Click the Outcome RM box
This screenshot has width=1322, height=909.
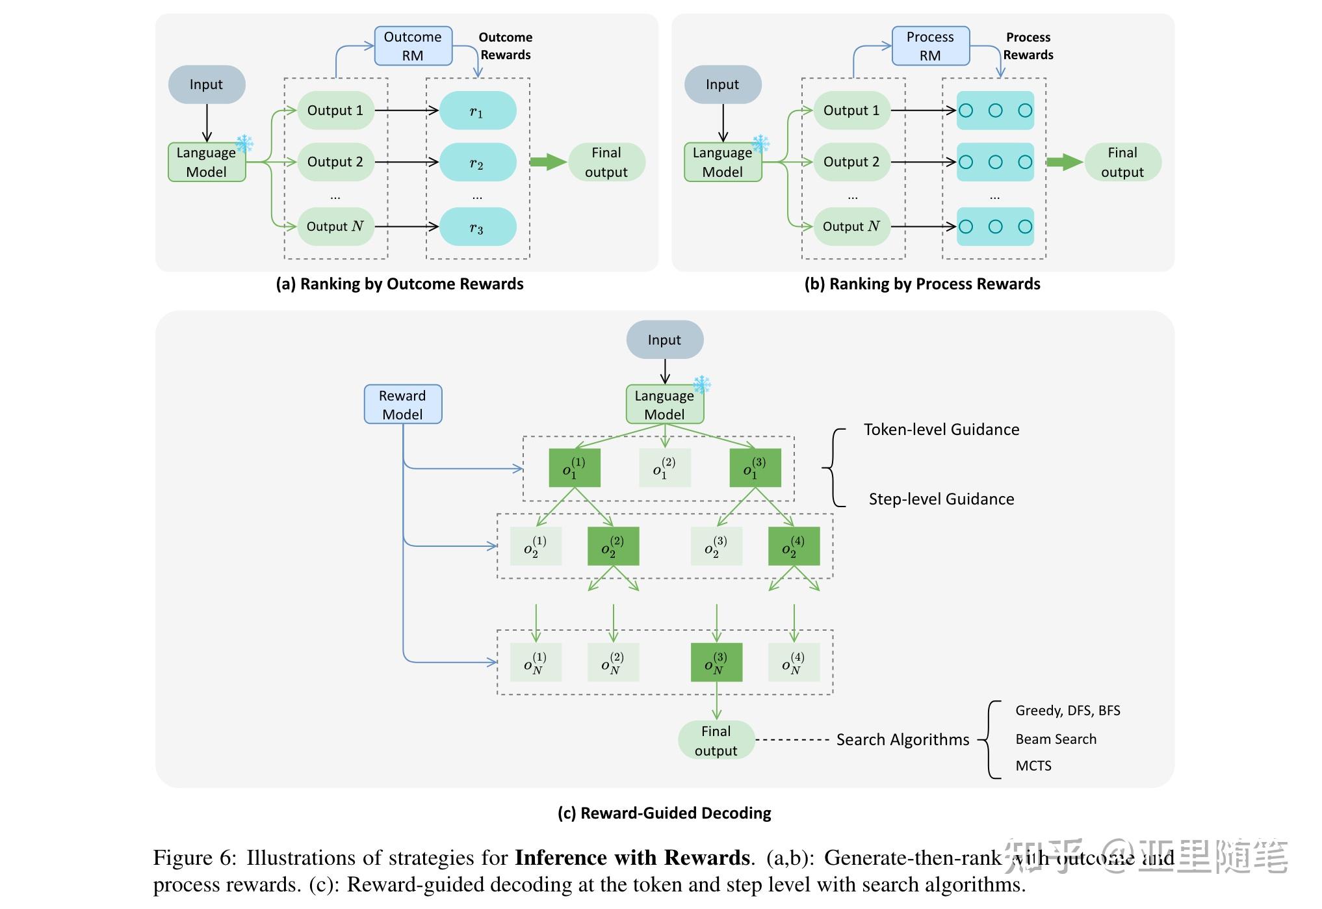click(x=413, y=46)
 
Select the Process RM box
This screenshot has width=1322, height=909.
click(x=930, y=46)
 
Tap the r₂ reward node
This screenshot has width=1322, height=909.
click(x=478, y=162)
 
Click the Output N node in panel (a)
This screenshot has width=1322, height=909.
click(x=335, y=226)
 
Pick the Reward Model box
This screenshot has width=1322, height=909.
click(x=403, y=404)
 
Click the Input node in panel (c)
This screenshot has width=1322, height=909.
click(x=664, y=339)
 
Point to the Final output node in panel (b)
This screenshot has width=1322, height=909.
click(x=1122, y=162)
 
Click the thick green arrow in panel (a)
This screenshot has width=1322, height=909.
click(x=548, y=162)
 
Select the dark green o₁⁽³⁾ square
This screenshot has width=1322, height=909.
click(x=755, y=468)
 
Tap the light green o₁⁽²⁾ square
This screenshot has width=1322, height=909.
click(x=665, y=468)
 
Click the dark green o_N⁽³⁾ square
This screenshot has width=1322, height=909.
click(x=716, y=663)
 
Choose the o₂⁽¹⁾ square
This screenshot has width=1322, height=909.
click(x=536, y=546)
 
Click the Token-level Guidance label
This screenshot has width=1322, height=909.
click(x=941, y=430)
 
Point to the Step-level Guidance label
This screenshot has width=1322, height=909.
click(x=941, y=499)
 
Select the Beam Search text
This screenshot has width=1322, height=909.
click(x=1056, y=739)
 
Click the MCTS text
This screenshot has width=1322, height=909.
click(x=1033, y=766)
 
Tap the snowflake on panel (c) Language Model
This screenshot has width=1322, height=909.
click(x=702, y=385)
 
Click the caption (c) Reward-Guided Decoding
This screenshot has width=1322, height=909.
click(x=664, y=813)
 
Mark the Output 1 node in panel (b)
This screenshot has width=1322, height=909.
click(x=851, y=111)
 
